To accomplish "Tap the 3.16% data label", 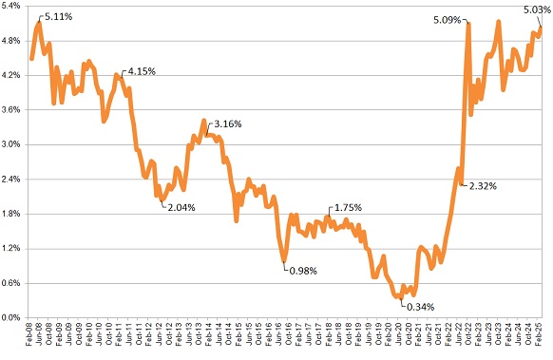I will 229,123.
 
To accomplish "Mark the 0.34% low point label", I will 421,307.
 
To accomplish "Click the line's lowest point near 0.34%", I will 400,297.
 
